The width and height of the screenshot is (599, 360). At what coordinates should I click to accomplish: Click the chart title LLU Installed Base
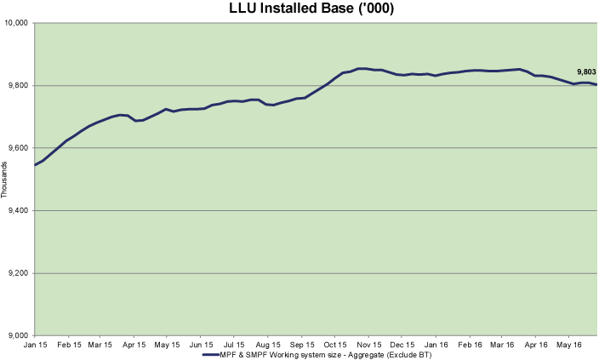click(x=299, y=9)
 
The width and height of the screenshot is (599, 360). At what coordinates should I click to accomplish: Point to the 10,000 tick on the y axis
click(x=18, y=23)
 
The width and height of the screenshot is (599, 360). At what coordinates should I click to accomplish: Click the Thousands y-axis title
click(x=4, y=179)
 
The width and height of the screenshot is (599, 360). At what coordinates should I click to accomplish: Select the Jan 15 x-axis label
click(x=35, y=346)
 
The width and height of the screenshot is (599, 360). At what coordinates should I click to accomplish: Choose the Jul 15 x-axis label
click(x=235, y=346)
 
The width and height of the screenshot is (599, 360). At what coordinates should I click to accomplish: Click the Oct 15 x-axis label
click(x=334, y=346)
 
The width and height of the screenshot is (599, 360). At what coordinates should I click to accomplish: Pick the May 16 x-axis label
click(x=568, y=346)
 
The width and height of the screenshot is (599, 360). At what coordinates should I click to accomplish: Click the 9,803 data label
click(x=587, y=71)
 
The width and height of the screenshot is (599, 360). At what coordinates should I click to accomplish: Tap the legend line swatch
click(x=213, y=355)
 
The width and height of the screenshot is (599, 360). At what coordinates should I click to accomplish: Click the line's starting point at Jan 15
click(x=35, y=165)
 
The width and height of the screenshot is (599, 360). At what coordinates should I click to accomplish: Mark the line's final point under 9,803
click(x=596, y=85)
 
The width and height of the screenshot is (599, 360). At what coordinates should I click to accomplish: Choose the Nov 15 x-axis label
click(x=368, y=346)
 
